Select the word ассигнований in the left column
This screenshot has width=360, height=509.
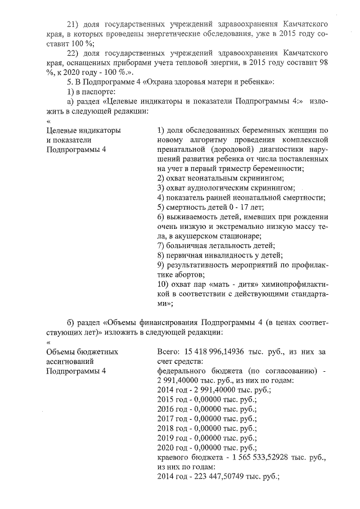(x=67, y=361)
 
